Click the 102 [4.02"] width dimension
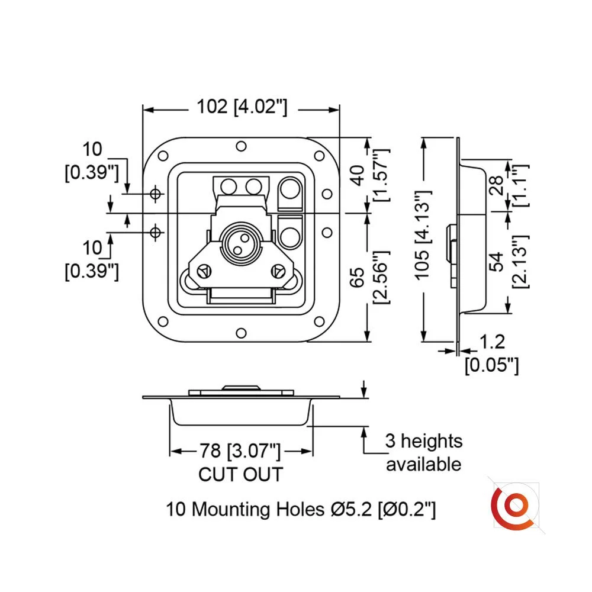click(242, 107)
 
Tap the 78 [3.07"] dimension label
click(240, 452)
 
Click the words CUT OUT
click(240, 474)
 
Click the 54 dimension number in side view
click(498, 262)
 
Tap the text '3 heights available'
click(423, 452)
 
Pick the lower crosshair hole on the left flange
click(156, 232)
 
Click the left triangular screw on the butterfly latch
click(202, 271)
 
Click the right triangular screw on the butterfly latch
click(276, 271)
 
